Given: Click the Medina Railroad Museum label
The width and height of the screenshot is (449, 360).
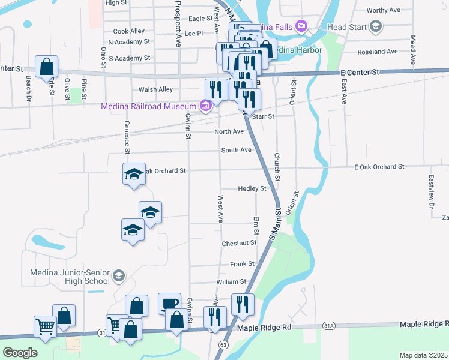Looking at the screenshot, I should (150, 106).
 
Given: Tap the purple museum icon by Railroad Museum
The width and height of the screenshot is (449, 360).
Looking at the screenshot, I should (206, 106).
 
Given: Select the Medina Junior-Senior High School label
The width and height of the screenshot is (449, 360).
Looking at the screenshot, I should (70, 276).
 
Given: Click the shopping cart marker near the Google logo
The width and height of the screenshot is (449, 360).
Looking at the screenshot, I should (45, 327).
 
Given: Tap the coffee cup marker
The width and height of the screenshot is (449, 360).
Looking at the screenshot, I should (169, 304).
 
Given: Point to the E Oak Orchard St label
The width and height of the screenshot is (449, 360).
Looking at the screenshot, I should (379, 166).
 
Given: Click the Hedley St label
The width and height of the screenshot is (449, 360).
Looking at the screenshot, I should (252, 188).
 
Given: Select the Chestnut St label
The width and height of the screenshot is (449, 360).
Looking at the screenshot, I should (239, 244).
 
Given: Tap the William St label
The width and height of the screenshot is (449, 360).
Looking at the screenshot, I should (231, 281).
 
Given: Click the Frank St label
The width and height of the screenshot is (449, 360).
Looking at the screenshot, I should (243, 263).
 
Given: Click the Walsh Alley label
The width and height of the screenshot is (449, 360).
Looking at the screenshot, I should (155, 89).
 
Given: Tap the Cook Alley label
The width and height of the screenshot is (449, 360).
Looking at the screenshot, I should (129, 31).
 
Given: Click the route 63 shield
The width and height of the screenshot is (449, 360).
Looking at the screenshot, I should (223, 345).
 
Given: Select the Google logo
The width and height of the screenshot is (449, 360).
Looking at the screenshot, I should (20, 353).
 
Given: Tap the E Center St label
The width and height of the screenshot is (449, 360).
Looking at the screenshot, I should (360, 72).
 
